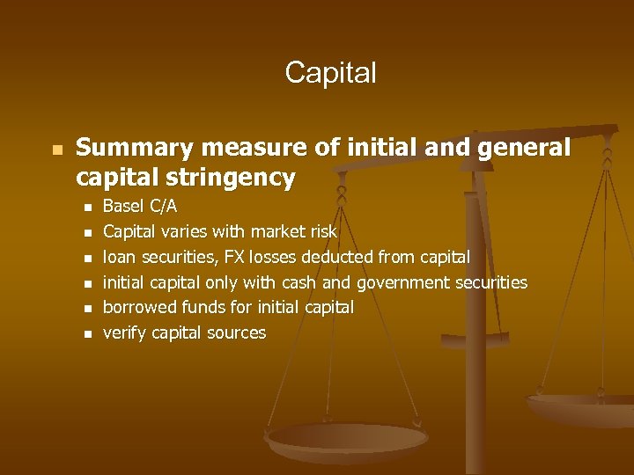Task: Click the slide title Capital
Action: click(x=330, y=72)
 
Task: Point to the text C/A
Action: click(x=163, y=207)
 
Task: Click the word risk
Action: click(x=321, y=232)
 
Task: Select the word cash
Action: click(x=300, y=282)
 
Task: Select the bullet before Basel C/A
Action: click(x=86, y=208)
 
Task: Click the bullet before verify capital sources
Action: click(x=86, y=334)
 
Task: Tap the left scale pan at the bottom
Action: click(x=347, y=438)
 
